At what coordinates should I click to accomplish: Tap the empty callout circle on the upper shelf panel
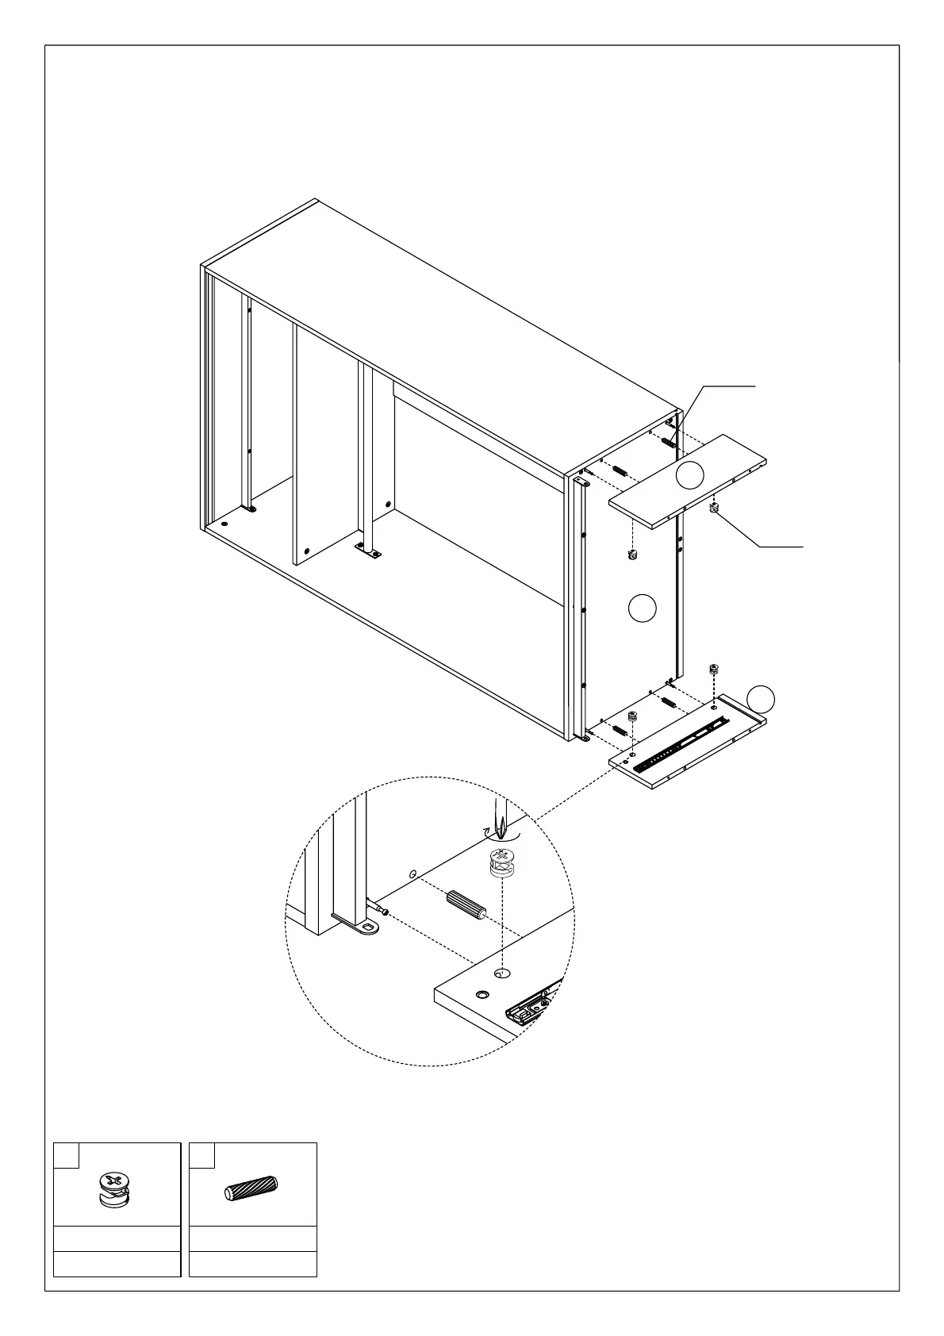click(x=689, y=475)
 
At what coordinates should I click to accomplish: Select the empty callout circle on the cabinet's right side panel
click(x=642, y=608)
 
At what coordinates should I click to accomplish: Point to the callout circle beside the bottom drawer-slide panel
click(x=762, y=697)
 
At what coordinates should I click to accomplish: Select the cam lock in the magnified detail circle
click(x=498, y=862)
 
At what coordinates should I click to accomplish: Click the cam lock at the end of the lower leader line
click(x=714, y=508)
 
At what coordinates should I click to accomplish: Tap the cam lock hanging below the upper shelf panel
click(x=633, y=552)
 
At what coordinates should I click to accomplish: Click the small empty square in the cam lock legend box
click(x=67, y=1155)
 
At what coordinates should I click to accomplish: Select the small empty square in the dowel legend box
click(x=203, y=1155)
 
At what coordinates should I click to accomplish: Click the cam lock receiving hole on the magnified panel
click(x=501, y=972)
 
